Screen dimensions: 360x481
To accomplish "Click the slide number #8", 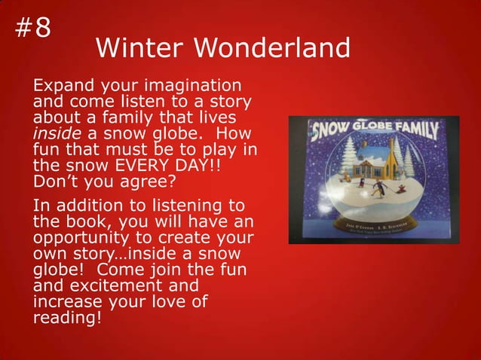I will click(32, 28).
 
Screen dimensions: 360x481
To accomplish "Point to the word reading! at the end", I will click(66, 319).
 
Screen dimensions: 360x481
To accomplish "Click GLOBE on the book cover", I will click(369, 128).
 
